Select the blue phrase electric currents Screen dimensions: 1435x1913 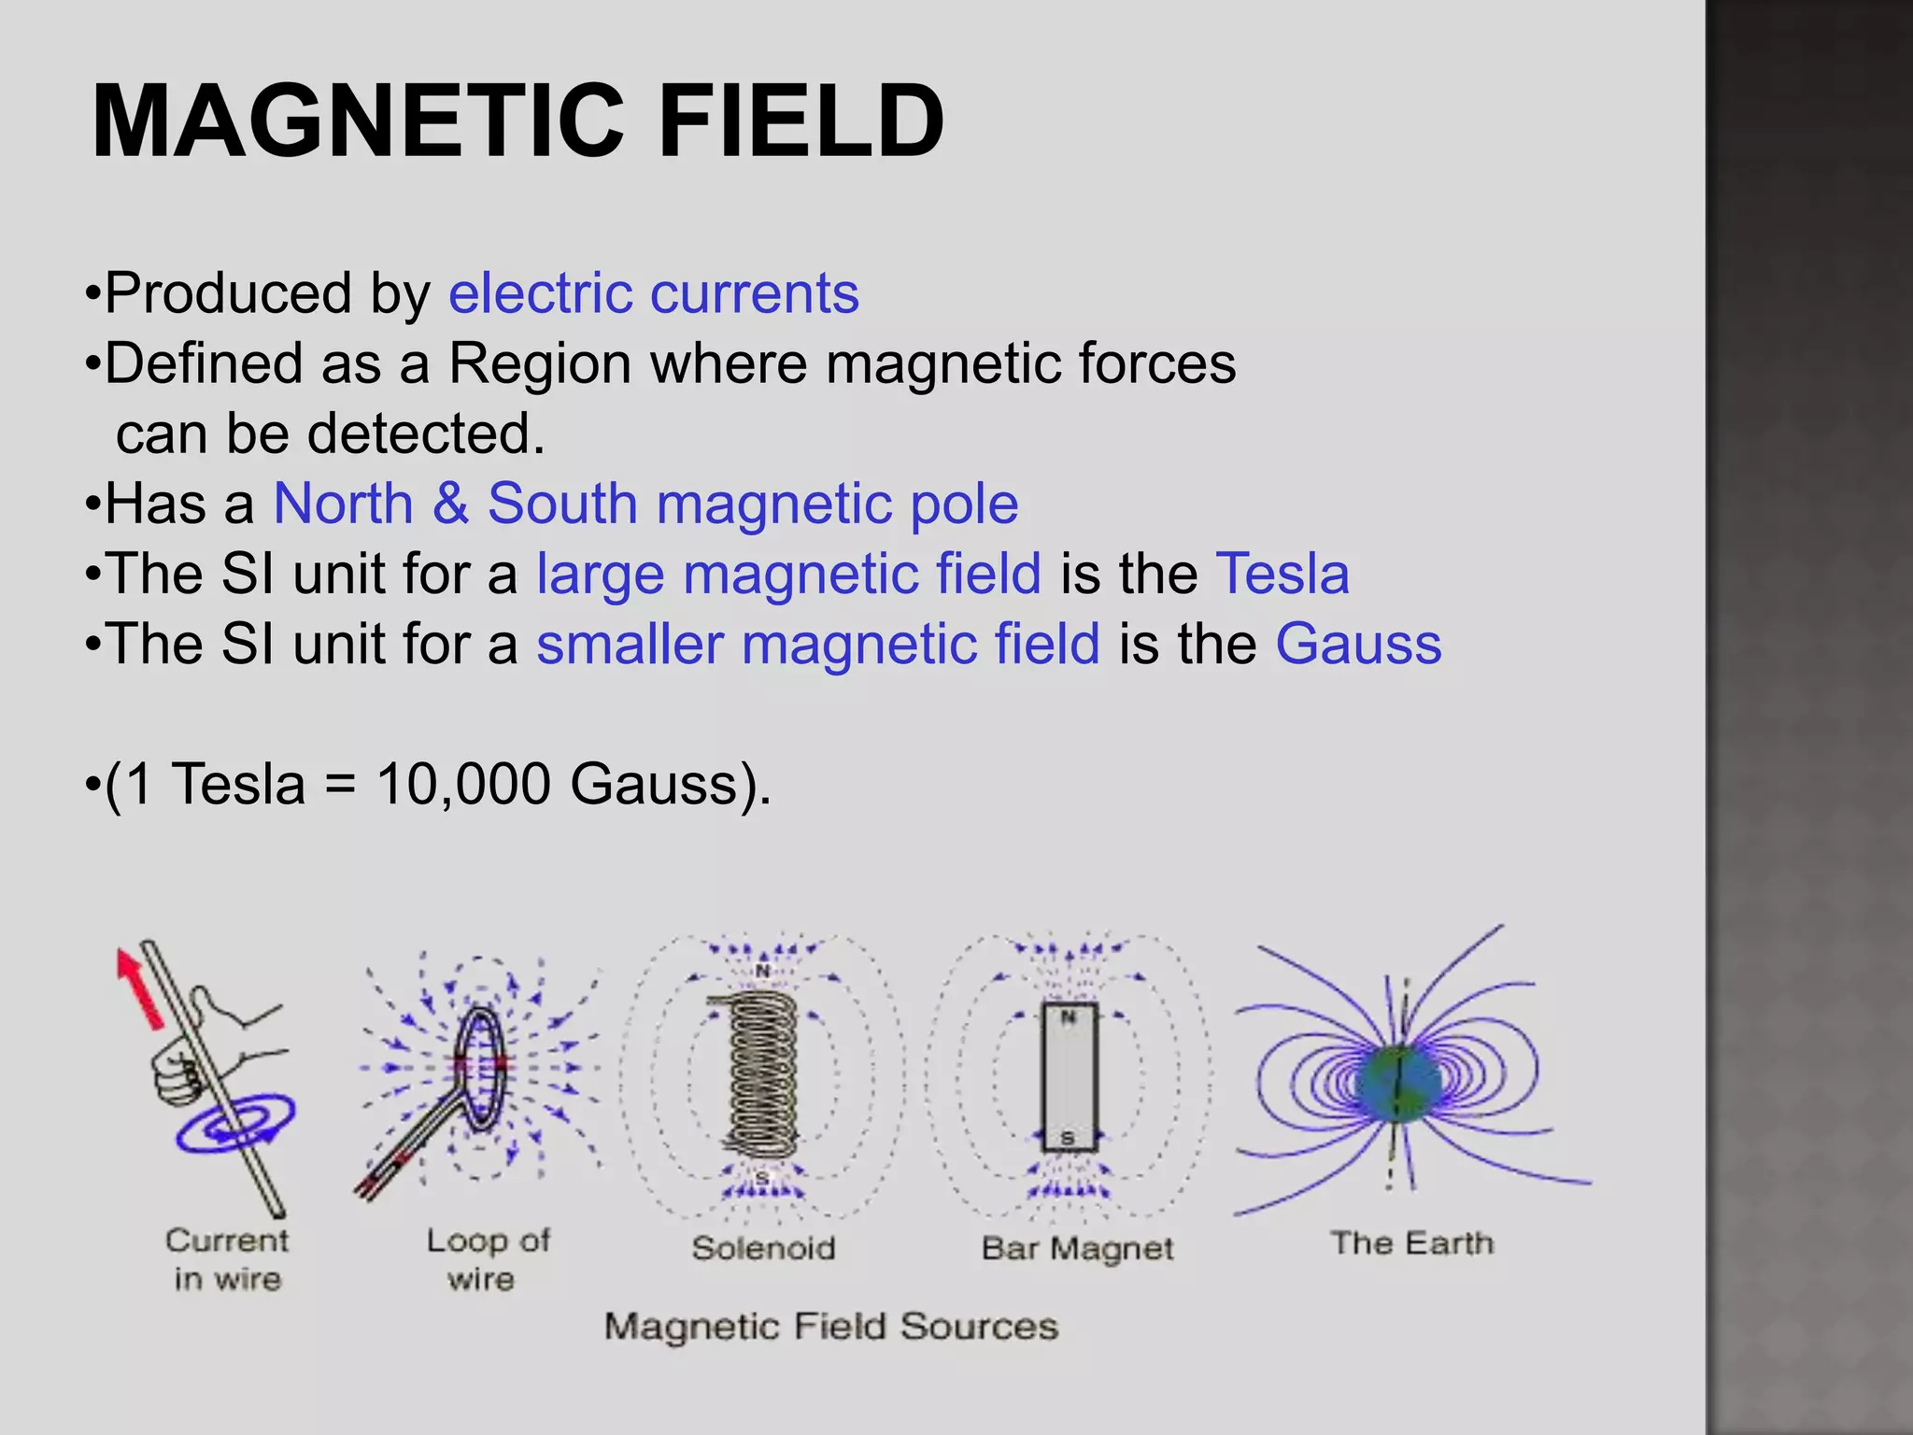(653, 293)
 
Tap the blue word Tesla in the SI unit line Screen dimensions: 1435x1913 (1282, 574)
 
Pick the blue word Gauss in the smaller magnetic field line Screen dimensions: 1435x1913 (1358, 645)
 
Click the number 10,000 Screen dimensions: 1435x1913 (462, 784)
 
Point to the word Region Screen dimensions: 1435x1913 (540, 363)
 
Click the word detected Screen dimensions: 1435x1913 (426, 434)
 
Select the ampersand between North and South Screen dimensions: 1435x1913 (450, 504)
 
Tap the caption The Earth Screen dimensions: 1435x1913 (1411, 1243)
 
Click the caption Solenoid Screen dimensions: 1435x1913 (763, 1248)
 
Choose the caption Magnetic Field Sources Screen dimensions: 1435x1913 (830, 1327)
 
